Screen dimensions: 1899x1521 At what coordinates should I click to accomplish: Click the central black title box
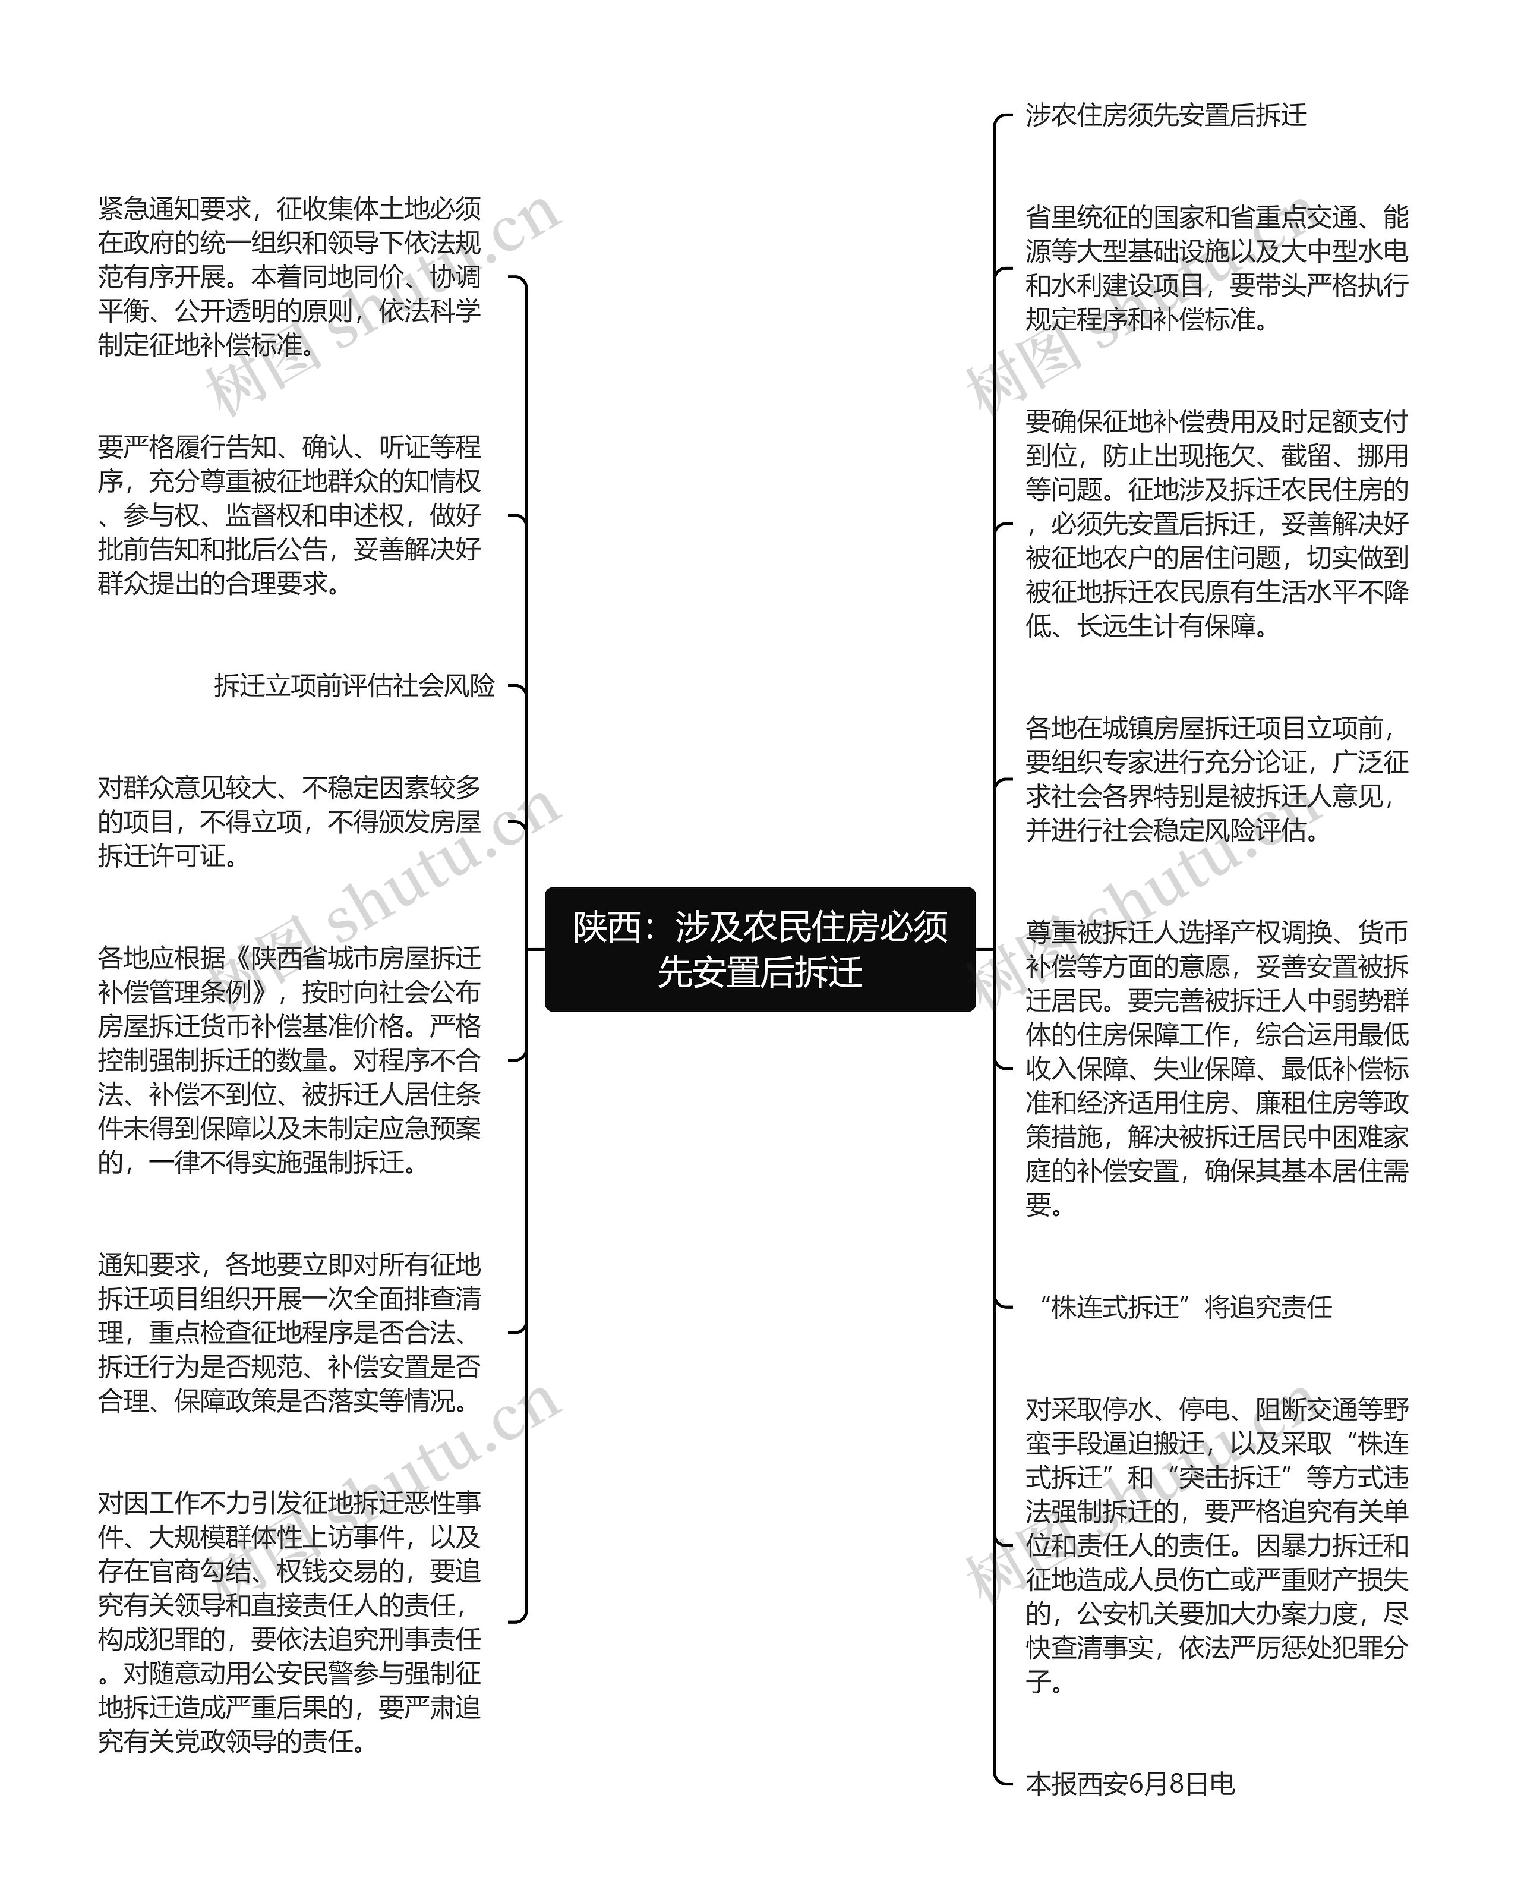(x=759, y=950)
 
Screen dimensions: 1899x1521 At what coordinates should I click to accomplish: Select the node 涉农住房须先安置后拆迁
(x=1165, y=115)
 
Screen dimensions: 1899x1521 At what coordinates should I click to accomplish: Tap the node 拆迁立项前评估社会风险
(x=354, y=685)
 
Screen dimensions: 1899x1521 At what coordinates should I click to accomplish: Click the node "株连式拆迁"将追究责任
(x=1184, y=1307)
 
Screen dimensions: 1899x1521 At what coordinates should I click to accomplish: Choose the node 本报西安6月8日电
(x=1130, y=1784)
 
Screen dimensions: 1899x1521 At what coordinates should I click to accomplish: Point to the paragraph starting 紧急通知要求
(x=289, y=276)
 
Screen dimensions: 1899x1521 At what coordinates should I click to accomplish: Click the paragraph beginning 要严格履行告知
(x=289, y=515)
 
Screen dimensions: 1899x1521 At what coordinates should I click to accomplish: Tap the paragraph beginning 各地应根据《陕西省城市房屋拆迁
(x=289, y=1060)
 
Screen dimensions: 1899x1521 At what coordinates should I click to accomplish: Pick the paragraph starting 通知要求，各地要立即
(x=289, y=1332)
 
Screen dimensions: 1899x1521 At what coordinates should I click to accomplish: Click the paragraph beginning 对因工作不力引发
(x=289, y=1621)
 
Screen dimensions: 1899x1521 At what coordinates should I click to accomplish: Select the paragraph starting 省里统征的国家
(x=1216, y=268)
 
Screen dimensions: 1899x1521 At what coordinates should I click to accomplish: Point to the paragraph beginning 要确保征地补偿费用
(x=1216, y=523)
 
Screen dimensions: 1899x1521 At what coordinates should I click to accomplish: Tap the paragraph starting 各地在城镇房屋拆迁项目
(x=1216, y=779)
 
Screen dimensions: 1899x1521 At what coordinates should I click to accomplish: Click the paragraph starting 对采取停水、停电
(x=1216, y=1544)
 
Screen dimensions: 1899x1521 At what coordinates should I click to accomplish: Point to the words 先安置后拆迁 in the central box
(x=759, y=972)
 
